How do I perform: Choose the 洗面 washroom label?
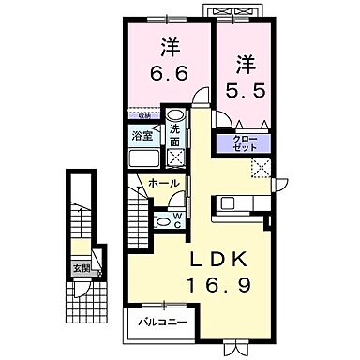(x=175, y=136)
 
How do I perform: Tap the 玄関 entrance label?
(x=82, y=268)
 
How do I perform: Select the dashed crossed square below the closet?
(x=260, y=168)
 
